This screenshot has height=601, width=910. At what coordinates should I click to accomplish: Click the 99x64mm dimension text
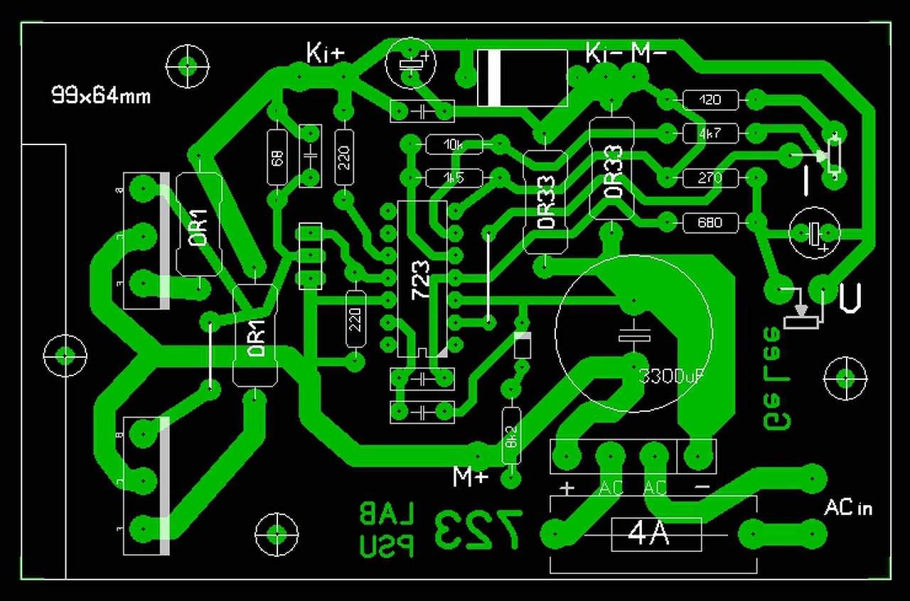[x=101, y=95]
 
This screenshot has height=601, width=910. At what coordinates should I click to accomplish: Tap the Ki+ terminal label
[x=325, y=53]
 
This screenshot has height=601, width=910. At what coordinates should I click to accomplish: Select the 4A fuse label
[x=649, y=533]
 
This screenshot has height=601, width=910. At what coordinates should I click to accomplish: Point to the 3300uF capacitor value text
[x=671, y=376]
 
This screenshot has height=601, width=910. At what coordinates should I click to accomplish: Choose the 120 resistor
[x=710, y=100]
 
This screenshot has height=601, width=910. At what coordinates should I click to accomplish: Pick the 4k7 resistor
[x=710, y=132]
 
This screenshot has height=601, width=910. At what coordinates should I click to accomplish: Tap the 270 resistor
[x=710, y=178]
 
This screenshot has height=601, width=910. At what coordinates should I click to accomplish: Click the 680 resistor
[x=710, y=223]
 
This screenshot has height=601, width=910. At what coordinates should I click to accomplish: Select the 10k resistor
[x=454, y=145]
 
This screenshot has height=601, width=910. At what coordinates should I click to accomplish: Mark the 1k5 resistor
[x=454, y=178]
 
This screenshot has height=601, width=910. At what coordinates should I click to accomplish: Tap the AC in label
[x=847, y=508]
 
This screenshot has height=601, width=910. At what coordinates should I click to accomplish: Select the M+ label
[x=471, y=476]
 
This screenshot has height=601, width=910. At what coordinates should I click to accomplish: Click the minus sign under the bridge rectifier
[x=701, y=488]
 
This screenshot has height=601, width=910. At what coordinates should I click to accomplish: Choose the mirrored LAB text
[x=387, y=512]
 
